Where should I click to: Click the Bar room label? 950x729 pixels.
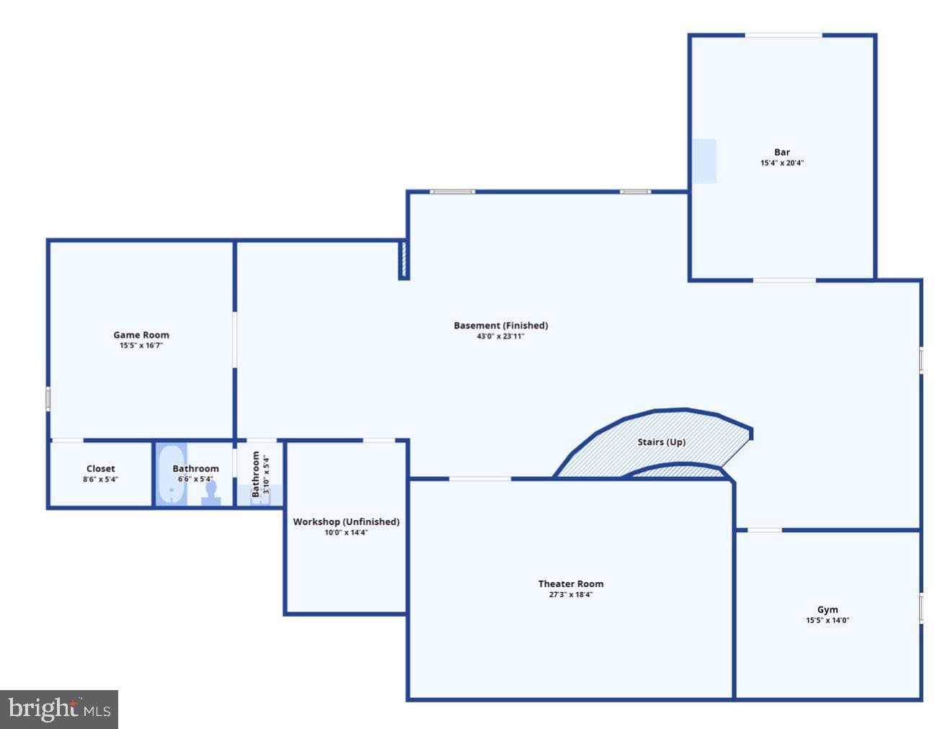tap(781, 152)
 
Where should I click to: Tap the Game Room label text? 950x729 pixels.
tap(141, 335)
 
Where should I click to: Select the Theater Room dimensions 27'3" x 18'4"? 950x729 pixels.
tap(571, 594)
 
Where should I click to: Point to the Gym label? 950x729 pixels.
tap(827, 609)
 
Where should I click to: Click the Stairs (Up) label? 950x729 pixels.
tap(661, 442)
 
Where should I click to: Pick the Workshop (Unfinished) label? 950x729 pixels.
tap(346, 522)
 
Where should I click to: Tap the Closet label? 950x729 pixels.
tap(101, 469)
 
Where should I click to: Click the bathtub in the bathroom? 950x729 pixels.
tap(172, 475)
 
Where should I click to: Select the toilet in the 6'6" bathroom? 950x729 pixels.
tap(210, 494)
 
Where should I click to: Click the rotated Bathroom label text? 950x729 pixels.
tap(255, 474)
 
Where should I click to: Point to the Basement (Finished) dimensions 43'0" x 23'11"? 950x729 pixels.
tap(500, 336)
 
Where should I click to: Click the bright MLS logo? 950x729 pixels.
tap(59, 710)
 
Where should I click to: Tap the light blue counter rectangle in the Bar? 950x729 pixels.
tap(704, 161)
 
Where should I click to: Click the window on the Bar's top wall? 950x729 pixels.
tap(783, 35)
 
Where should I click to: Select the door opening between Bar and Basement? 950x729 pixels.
tap(784, 280)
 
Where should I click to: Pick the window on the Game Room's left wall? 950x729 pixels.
tap(48, 399)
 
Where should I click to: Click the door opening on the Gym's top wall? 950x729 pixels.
tap(765, 530)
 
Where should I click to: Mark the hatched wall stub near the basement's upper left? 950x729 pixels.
tap(404, 260)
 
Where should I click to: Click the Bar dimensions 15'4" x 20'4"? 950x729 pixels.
tap(781, 163)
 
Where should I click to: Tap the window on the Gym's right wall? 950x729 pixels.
tap(920, 607)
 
